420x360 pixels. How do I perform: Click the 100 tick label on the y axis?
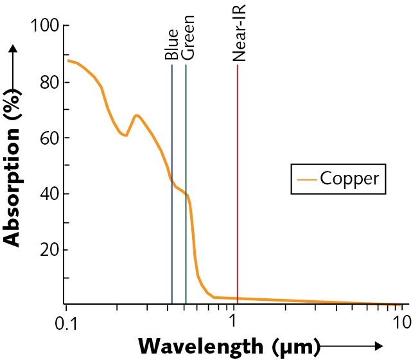(x=42, y=26)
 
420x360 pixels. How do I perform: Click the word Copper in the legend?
(x=349, y=178)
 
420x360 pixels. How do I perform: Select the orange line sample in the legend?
(x=305, y=179)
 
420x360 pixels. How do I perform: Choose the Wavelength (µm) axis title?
(x=229, y=346)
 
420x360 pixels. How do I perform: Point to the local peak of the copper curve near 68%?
(x=136, y=116)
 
